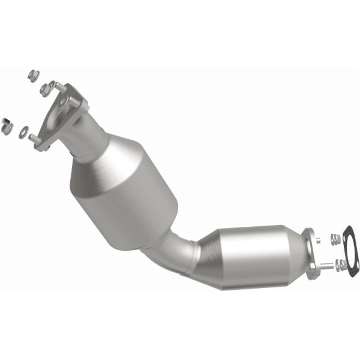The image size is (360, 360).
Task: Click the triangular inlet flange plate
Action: [60, 114]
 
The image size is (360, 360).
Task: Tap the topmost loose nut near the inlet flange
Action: [34, 76]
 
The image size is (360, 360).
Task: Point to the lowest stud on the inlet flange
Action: [34, 139]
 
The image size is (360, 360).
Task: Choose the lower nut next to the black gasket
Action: [340, 263]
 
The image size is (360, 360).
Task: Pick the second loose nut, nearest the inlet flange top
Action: [44, 88]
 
